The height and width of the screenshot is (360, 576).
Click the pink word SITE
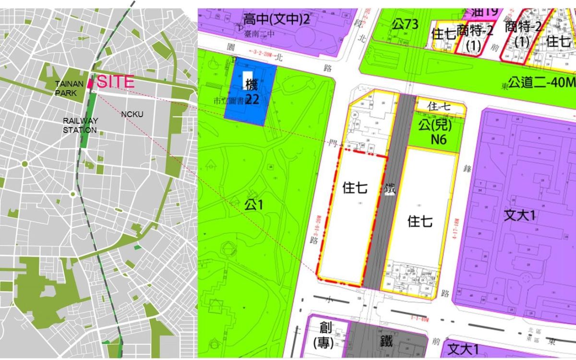[116, 82]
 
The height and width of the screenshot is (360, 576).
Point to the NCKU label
[132, 115]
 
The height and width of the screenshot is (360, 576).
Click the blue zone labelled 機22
[251, 94]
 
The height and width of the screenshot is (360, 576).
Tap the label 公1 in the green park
[254, 205]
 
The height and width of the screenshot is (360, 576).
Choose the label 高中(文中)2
[276, 20]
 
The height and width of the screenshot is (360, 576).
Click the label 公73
[405, 24]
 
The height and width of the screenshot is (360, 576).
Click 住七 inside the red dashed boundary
[355, 188]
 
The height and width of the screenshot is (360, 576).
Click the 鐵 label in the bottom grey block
[386, 341]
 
